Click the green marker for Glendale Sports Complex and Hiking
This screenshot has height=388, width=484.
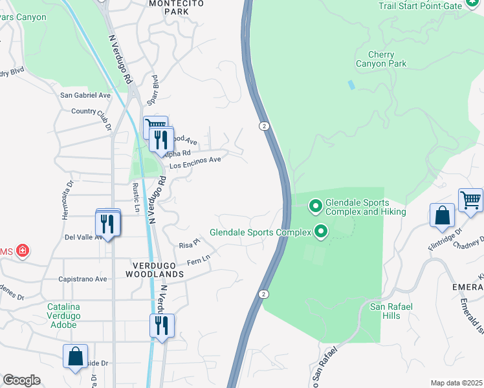[316, 206]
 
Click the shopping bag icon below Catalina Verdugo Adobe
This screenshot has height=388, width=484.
[75, 356]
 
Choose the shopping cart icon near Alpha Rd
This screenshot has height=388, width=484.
[155, 125]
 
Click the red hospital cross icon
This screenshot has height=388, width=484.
[23, 250]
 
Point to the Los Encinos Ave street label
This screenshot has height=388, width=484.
[195, 162]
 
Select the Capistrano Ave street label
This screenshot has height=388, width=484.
[83, 279]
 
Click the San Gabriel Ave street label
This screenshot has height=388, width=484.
[85, 95]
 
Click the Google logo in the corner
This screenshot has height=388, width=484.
[21, 380]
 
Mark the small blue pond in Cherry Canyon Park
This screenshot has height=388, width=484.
[351, 85]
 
